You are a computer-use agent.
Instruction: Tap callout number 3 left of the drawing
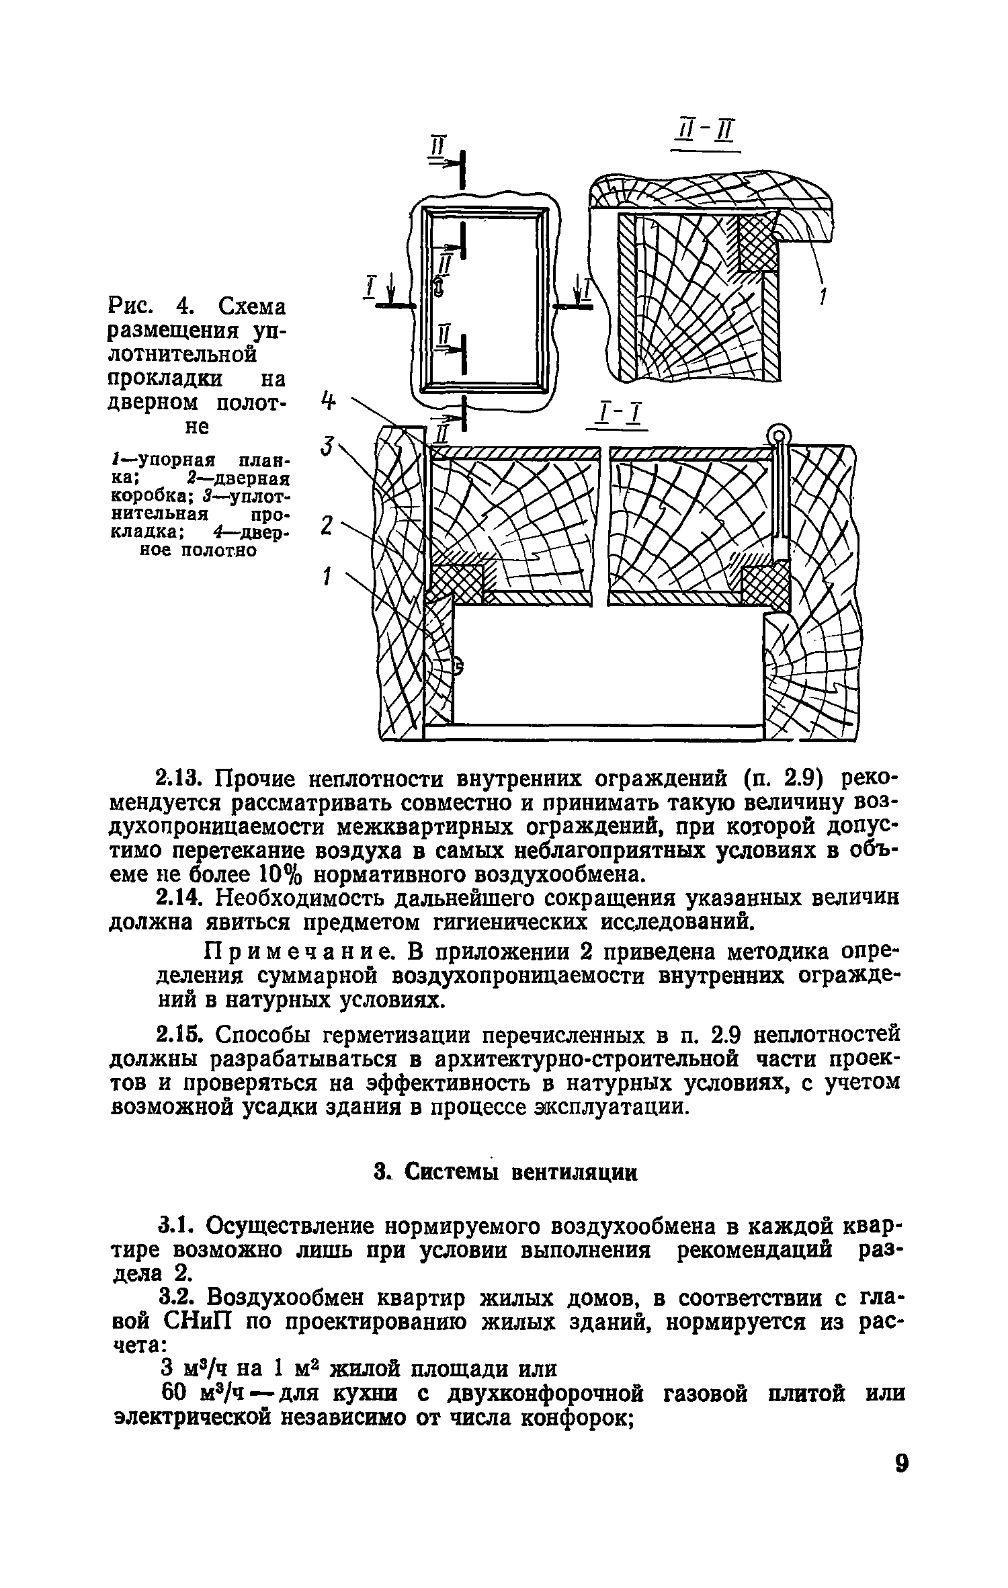coord(327,445)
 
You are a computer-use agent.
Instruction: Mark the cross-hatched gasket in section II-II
coord(758,243)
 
